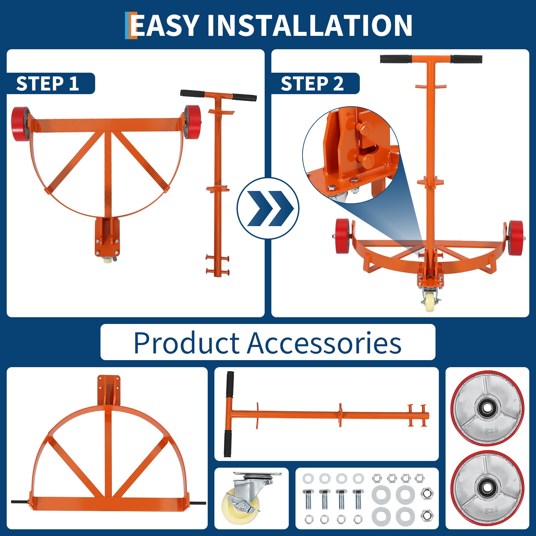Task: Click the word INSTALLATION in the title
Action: pyautogui.click(x=310, y=25)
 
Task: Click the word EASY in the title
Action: pyautogui.click(x=165, y=25)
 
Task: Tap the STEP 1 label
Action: pyautogui.click(x=48, y=83)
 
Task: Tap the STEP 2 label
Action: pyautogui.click(x=312, y=83)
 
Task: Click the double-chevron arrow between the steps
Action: pyautogui.click(x=268, y=208)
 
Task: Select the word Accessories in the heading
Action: pyautogui.click(x=324, y=343)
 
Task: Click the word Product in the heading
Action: pyautogui.click(x=186, y=343)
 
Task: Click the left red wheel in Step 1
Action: pyautogui.click(x=20, y=124)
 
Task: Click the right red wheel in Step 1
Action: pyautogui.click(x=193, y=122)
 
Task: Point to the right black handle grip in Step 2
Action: pyautogui.click(x=466, y=59)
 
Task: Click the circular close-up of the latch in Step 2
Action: pyautogui.click(x=351, y=155)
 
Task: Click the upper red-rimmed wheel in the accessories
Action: pyautogui.click(x=487, y=408)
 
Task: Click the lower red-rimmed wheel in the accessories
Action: pyautogui.click(x=487, y=488)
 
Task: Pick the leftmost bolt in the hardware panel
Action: pyautogui.click(x=308, y=499)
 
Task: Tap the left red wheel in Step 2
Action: pyautogui.click(x=343, y=236)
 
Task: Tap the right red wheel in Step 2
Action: pyautogui.click(x=515, y=238)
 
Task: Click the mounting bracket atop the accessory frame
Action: pyautogui.click(x=109, y=390)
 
